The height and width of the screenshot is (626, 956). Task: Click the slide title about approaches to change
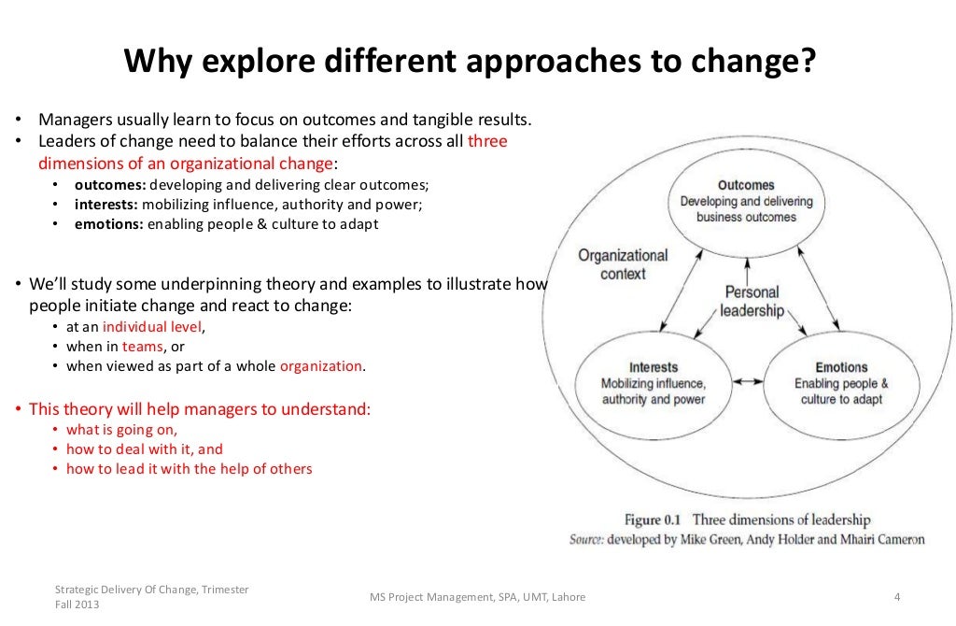pos(471,63)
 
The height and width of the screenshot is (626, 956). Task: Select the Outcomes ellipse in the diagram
pos(746,201)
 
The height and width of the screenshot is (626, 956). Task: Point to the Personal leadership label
pos(752,301)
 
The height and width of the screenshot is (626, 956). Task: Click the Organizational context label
pos(623,264)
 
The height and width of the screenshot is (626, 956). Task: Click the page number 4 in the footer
pos(896,597)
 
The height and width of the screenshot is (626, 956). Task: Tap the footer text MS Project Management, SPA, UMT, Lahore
pos(477,597)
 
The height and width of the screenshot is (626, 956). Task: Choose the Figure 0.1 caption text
pos(747,520)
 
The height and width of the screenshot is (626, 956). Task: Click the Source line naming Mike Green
pos(747,539)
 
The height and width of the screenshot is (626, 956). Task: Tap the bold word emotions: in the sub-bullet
pos(108,224)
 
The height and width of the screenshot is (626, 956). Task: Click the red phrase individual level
pos(152,327)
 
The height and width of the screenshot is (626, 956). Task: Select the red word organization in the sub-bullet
pos(321,366)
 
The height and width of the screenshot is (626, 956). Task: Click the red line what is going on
pos(121,430)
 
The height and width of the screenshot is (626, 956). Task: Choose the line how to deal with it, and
pos(145,449)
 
